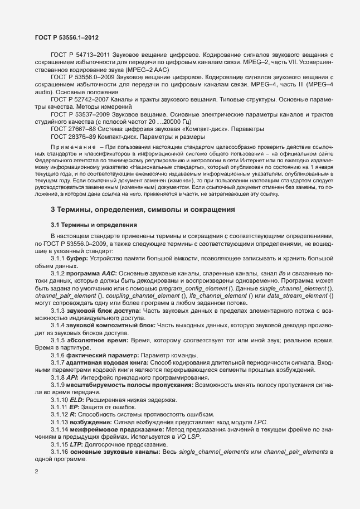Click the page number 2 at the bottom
point(36,471)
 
